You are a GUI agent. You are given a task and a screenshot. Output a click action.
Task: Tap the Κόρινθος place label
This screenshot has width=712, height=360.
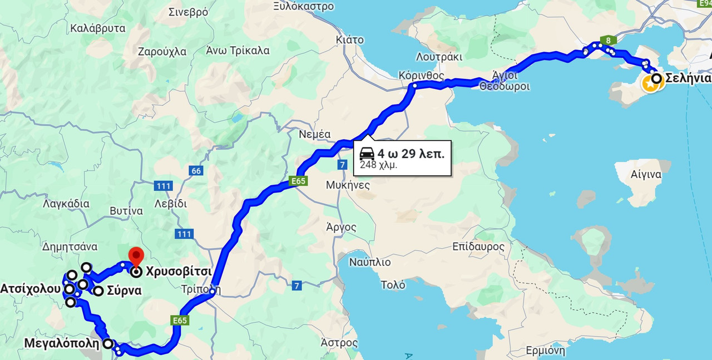[421, 75]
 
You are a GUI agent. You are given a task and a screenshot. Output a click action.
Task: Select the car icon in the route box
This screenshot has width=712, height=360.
[367, 154]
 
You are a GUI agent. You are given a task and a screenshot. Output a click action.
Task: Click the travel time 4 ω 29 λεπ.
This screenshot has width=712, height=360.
[411, 154]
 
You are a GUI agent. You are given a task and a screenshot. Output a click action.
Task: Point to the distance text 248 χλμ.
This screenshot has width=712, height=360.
[378, 165]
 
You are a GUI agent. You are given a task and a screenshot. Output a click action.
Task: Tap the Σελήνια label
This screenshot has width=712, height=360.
[689, 78]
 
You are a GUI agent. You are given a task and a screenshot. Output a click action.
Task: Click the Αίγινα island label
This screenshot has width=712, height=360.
[646, 175]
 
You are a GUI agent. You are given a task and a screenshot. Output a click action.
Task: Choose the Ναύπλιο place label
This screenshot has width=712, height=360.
[370, 262]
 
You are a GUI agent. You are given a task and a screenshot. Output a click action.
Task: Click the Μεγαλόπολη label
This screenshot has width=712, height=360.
[62, 343]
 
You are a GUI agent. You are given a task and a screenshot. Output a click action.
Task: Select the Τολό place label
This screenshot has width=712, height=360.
[393, 284]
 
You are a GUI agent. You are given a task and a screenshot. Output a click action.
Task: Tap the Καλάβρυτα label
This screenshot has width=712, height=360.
[98, 27]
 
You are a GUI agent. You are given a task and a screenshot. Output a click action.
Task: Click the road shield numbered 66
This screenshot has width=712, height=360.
[195, 171]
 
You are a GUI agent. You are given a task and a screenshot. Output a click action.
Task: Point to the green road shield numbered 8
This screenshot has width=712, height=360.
[609, 40]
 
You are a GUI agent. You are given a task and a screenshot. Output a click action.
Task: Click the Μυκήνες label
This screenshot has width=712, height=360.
[348, 185]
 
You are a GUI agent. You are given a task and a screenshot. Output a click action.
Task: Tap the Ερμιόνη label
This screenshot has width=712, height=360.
[545, 351]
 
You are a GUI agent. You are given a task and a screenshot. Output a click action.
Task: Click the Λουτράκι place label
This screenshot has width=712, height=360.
[439, 57]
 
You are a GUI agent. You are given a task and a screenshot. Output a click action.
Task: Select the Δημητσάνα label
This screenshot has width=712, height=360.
[70, 246]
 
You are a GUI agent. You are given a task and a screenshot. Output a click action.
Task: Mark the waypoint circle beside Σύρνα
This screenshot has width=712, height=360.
[98, 290]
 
